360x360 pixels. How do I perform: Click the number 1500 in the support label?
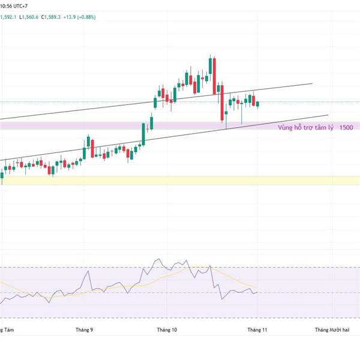coord(346,128)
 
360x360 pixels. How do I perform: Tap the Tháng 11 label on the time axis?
coord(258,329)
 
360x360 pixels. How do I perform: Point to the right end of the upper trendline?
coord(313,84)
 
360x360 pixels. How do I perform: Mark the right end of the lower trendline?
coord(328,115)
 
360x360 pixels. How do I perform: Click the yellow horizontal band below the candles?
coord(180,180)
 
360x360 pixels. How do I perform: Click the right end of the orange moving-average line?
coord(257,287)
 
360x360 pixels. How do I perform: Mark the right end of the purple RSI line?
coord(257,292)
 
